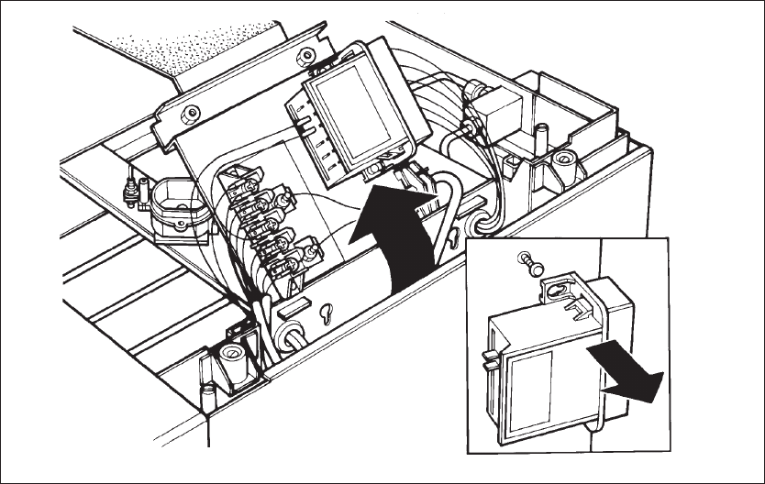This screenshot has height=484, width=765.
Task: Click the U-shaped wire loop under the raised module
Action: (x=449, y=220)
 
